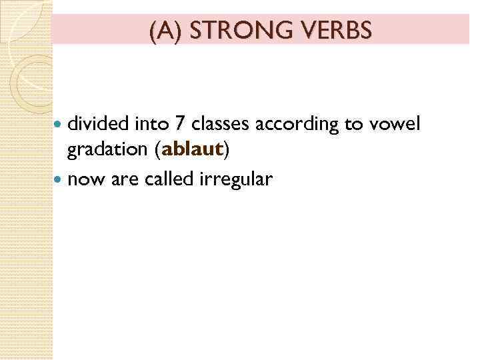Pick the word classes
(x=216, y=123)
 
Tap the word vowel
(x=397, y=123)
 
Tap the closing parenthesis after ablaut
(x=227, y=151)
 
